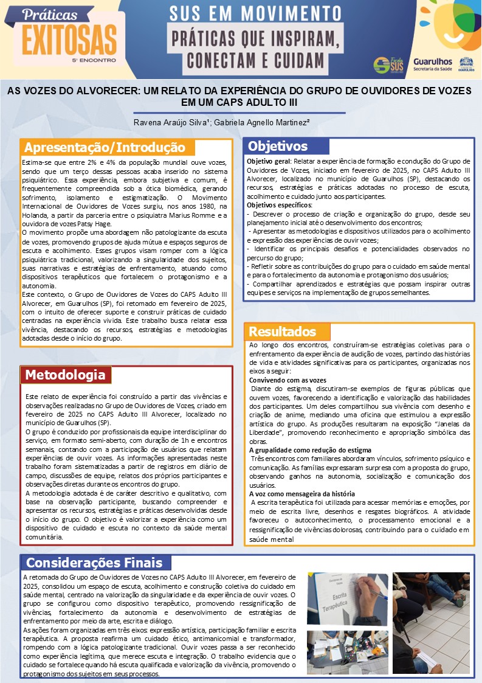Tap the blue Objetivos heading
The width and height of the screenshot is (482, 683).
(x=278, y=146)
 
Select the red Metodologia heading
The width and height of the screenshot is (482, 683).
(x=65, y=374)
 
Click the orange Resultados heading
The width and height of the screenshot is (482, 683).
(x=283, y=331)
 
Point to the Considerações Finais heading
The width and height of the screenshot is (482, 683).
(x=94, y=562)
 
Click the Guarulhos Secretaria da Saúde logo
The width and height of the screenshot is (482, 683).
(x=432, y=64)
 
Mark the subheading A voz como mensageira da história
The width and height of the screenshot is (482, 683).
(x=302, y=494)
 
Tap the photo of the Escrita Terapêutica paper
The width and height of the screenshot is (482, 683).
(x=347, y=599)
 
